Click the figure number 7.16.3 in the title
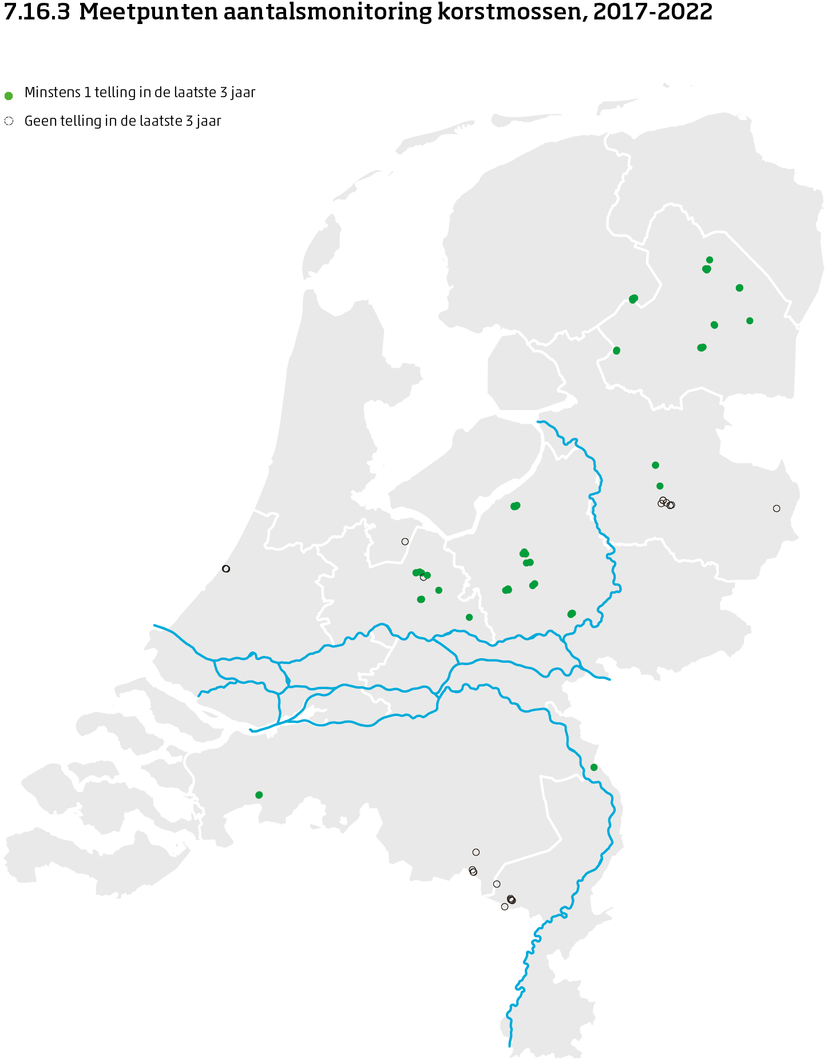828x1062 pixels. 37,12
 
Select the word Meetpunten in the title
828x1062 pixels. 148,12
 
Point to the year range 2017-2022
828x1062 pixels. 653,12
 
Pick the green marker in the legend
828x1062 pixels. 9,96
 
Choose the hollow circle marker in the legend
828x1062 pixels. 9,121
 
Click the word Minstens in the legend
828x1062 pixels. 47,92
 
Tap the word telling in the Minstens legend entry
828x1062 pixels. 114,92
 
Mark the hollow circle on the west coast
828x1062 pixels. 226,568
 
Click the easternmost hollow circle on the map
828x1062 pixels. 777,508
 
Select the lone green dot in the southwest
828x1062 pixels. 259,795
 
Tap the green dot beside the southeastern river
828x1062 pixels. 594,767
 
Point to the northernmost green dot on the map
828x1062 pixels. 710,260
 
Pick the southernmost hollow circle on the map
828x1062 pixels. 505,906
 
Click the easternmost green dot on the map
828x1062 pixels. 750,321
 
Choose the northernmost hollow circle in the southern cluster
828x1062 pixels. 476,852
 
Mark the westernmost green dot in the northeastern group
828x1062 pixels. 616,351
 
